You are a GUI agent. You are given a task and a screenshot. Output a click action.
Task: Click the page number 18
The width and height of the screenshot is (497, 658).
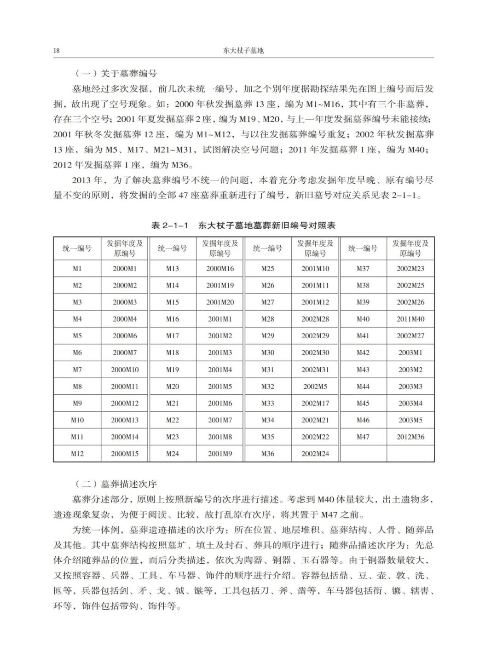tap(57, 51)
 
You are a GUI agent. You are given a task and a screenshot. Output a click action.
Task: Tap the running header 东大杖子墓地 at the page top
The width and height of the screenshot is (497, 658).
tap(243, 51)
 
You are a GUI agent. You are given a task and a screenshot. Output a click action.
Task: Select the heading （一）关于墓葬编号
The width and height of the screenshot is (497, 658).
tap(116, 74)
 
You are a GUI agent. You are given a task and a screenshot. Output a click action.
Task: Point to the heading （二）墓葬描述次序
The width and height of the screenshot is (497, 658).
tap(116, 484)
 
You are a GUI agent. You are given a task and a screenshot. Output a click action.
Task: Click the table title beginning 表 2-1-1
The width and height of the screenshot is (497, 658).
tap(243, 225)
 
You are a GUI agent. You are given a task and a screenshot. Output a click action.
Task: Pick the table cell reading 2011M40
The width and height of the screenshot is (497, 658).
tap(410, 319)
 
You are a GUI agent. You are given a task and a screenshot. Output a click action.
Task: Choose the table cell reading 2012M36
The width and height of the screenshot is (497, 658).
tap(410, 437)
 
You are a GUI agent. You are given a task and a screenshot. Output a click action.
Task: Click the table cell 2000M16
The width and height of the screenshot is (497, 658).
tap(220, 268)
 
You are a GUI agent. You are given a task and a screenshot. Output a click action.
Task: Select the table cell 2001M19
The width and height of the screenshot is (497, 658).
tap(220, 285)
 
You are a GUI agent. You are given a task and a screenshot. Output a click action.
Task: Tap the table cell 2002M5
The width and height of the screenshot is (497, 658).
tap(315, 387)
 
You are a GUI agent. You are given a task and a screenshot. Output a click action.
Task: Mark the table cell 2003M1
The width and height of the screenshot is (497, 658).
tap(410, 352)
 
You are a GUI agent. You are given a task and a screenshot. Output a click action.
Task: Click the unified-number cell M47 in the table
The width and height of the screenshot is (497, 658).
tap(363, 437)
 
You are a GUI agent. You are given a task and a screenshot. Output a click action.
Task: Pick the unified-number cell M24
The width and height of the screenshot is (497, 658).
tap(173, 454)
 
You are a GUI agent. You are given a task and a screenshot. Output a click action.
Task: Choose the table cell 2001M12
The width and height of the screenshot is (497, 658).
tap(315, 302)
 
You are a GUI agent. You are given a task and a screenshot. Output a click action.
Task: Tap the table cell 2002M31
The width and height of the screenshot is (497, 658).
tap(315, 369)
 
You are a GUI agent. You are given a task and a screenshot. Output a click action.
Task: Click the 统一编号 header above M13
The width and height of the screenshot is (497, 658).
tap(173, 248)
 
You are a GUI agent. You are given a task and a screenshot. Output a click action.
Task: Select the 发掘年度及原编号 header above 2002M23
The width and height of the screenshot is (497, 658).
tap(410, 248)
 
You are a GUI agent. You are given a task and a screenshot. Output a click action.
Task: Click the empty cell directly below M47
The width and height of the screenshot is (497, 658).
tap(363, 454)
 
